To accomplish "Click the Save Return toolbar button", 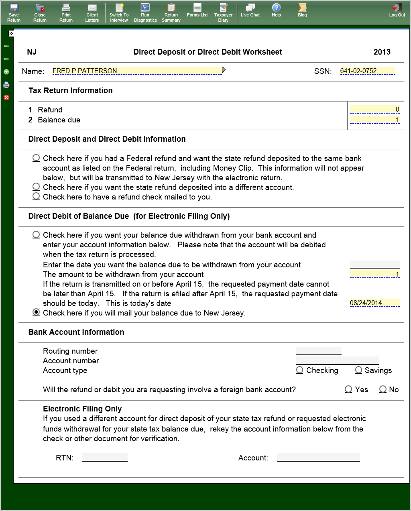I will coord(14,12).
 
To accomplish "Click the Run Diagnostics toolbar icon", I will coord(145,12).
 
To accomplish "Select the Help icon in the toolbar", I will coord(276,10).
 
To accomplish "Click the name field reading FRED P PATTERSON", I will coord(136,71).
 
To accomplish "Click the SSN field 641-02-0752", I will coord(367,71).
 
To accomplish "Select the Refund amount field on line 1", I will coord(374,110).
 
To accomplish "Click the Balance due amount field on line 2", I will coord(374,120).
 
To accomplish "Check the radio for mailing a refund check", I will coord(36,196).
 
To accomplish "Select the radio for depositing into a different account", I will coord(36,187).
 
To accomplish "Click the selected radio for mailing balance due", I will coord(36,312).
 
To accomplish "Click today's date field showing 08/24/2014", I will coord(374,303).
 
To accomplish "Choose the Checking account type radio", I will coord(300,370).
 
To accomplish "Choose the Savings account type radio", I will coord(359,370).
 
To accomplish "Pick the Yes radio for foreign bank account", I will coord(348,389).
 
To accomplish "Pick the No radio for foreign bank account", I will coord(383,389).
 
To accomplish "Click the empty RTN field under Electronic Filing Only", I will coord(105,457).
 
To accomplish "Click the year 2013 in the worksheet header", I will coord(382,52).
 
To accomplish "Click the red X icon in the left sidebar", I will coord(6,98).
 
